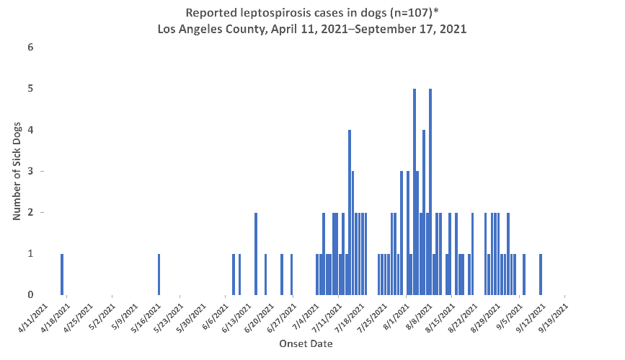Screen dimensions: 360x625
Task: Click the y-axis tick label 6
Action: (30, 48)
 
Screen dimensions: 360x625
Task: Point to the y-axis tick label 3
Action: (30, 171)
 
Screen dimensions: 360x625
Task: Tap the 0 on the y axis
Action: (30, 294)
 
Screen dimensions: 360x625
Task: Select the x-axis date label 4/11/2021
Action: (34, 316)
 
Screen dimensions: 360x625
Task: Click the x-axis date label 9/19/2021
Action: (552, 316)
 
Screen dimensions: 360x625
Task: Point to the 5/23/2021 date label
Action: (168, 316)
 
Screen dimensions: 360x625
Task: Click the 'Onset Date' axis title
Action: (306, 344)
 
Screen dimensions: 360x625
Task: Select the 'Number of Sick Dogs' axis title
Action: (16, 171)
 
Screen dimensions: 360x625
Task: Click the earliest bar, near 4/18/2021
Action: (62, 274)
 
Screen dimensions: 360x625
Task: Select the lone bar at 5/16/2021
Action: (159, 274)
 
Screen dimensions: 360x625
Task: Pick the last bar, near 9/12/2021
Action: (540, 274)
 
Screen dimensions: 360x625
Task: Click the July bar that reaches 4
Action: (349, 213)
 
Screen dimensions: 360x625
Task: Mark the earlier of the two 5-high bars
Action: (414, 192)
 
